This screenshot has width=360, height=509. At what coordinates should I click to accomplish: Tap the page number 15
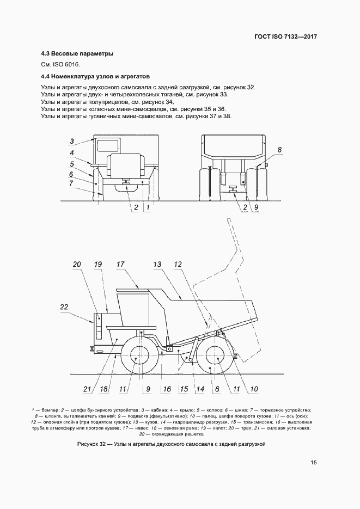(314, 463)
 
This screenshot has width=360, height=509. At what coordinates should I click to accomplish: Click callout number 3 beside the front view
(72, 141)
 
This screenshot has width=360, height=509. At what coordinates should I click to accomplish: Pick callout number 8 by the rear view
(279, 149)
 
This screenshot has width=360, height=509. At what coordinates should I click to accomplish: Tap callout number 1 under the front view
(147, 207)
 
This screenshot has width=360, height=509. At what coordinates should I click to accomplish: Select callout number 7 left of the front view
(71, 183)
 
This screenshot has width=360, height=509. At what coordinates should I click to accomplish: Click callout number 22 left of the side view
(64, 308)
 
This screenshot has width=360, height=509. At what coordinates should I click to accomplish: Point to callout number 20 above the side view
(77, 265)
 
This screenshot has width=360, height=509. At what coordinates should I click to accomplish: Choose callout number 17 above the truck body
(120, 265)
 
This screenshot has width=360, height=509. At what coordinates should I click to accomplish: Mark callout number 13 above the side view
(157, 265)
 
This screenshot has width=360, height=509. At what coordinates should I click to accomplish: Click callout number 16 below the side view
(167, 389)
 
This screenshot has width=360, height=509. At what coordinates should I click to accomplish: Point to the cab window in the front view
(107, 145)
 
